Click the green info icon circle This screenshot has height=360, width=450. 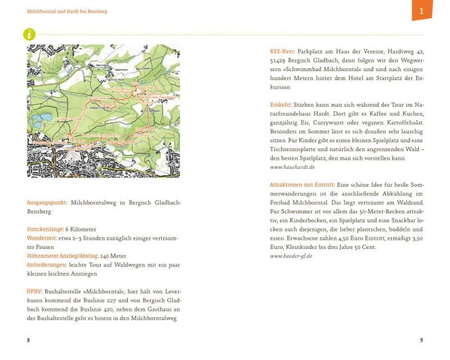(x=29, y=34)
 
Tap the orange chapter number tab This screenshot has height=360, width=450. (x=422, y=10)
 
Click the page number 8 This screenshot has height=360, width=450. (x=28, y=340)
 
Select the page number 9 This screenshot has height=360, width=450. (x=421, y=340)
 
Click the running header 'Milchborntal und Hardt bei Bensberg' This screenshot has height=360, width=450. (x=67, y=11)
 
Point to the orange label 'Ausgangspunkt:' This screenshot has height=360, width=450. (x=47, y=203)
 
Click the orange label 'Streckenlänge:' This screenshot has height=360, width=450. (x=45, y=229)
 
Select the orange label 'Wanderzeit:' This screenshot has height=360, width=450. (x=42, y=238)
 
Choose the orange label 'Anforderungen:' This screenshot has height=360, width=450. (x=47, y=265)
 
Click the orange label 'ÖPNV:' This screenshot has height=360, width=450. (x=34, y=292)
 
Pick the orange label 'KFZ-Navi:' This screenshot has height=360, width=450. (x=282, y=52)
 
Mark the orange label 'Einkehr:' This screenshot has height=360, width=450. (x=281, y=105)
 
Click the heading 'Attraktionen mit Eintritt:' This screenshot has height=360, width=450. (x=302, y=185)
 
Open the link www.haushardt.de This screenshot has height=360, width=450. (x=292, y=167)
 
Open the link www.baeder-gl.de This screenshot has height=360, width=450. (x=291, y=256)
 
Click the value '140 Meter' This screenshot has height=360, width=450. (x=113, y=256)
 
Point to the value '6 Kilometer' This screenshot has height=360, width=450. (x=81, y=229)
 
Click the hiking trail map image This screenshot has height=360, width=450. (x=103, y=111)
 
